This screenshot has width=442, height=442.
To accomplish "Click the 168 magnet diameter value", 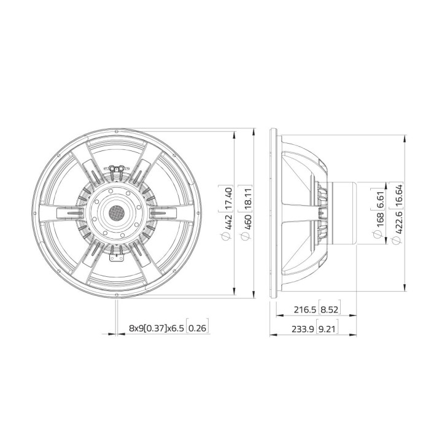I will point(381,218).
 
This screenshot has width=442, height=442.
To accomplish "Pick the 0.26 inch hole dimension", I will point(196,329).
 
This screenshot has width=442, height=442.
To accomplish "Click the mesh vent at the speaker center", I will point(116,213).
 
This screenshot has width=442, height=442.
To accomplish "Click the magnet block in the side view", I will point(344,212).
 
